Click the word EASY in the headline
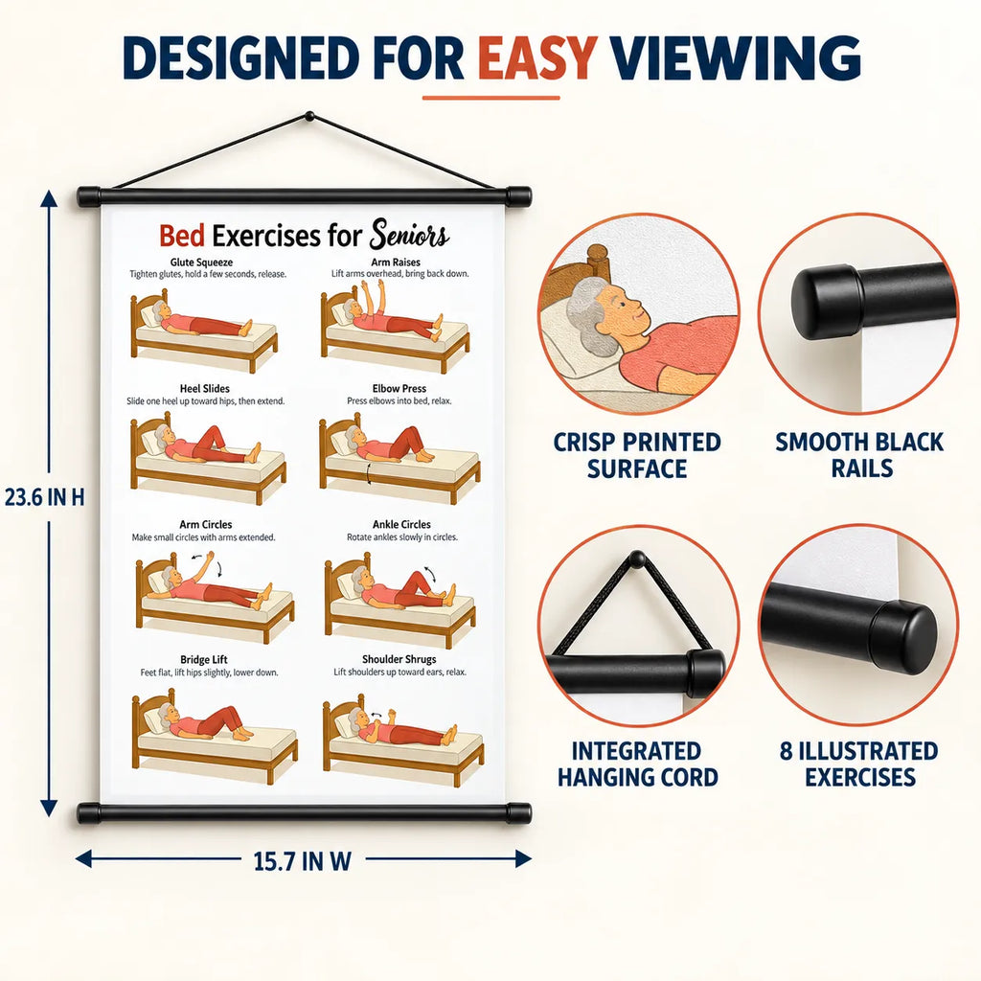[537, 57]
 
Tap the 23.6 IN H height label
[44, 497]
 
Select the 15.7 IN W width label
[302, 861]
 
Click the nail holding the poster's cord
[309, 116]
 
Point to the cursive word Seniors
[410, 235]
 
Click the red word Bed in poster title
[181, 236]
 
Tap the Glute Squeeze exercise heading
[201, 262]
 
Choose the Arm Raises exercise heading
[396, 262]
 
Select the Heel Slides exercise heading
[205, 389]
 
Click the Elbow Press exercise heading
[399, 389]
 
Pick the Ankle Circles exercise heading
[401, 524]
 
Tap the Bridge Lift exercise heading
[204, 659]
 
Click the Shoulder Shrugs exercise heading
[399, 659]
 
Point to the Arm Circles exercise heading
[206, 524]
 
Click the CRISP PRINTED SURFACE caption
[637, 455]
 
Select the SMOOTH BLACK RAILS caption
[859, 455]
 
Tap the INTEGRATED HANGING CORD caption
[637, 764]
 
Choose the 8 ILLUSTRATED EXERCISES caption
[859, 764]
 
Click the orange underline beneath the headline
[490, 98]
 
